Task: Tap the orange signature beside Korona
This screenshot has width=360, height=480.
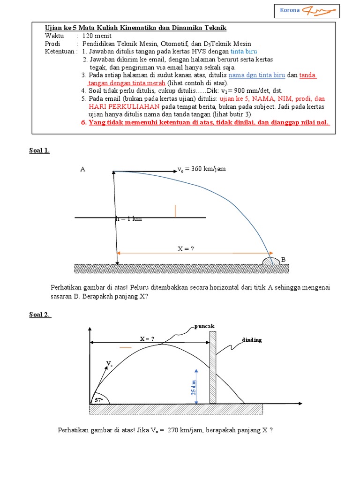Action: tap(319, 10)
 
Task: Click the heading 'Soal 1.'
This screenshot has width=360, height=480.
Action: tap(40, 150)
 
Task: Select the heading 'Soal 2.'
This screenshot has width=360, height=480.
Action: tap(40, 315)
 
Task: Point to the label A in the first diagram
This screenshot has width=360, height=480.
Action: tap(82, 170)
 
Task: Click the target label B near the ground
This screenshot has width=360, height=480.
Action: tap(283, 259)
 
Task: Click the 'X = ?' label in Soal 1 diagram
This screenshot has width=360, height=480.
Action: tap(186, 249)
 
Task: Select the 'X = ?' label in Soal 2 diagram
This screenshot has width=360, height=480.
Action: tap(147, 338)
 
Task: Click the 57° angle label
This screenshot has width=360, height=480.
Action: tap(99, 400)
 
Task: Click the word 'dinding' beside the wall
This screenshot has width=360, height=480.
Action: tap(252, 340)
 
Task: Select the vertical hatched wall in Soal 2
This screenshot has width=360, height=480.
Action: tap(213, 367)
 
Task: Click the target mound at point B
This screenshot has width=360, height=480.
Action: tap(271, 260)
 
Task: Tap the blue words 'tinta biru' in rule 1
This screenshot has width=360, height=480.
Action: tap(243, 51)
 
